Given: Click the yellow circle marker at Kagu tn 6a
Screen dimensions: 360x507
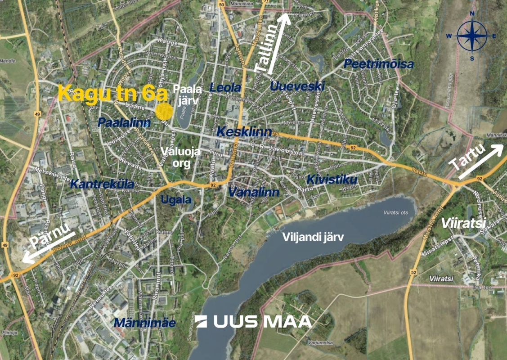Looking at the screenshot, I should (x=163, y=111).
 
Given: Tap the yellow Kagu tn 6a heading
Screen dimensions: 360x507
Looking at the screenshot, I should (x=113, y=94).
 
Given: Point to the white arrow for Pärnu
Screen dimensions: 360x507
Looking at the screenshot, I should (x=49, y=247).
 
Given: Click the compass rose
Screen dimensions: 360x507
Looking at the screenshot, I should (x=472, y=36).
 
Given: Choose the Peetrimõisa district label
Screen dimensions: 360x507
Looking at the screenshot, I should (x=378, y=64).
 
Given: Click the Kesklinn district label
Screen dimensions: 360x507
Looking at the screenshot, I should (x=244, y=132).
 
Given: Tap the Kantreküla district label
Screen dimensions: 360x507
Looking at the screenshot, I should (x=102, y=184).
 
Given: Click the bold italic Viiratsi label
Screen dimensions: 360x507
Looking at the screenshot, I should (x=457, y=223).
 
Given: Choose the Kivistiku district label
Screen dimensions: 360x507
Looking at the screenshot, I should (x=332, y=180).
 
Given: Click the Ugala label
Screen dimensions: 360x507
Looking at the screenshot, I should (x=173, y=199).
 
